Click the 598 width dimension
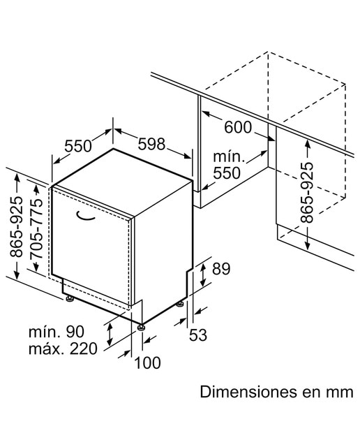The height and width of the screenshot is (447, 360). [151, 144]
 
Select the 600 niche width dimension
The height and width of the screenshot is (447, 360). [238, 127]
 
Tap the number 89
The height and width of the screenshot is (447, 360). [221, 268]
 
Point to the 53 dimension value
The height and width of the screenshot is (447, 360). [198, 335]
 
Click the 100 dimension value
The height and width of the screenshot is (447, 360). [147, 363]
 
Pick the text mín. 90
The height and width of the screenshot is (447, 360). [57, 332]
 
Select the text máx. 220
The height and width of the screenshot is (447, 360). [63, 349]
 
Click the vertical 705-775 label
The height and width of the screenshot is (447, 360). [36, 228]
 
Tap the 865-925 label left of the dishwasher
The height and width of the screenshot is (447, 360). [16, 226]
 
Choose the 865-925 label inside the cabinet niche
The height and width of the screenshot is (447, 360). [307, 192]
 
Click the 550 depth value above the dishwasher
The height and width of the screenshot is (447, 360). [78, 146]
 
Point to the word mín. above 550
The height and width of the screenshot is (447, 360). [229, 156]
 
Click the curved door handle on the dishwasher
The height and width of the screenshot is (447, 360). [84, 217]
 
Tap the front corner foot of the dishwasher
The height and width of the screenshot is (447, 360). [141, 328]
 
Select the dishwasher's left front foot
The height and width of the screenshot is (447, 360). [69, 298]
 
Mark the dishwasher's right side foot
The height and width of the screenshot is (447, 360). [180, 304]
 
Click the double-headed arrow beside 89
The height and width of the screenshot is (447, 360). [203, 274]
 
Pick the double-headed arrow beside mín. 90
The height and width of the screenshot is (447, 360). [110, 335]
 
